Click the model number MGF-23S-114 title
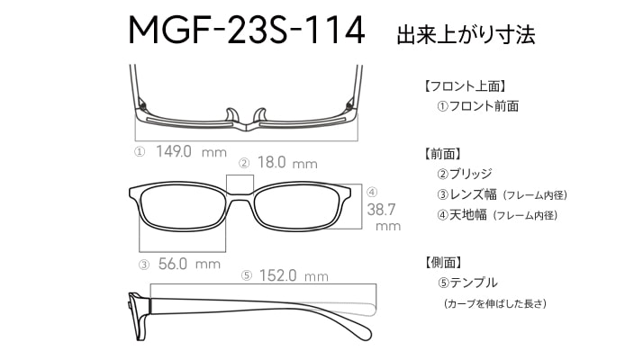tap(247, 30)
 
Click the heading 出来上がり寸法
tap(466, 34)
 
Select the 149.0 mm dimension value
tap(191, 152)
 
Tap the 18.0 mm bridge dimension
tap(287, 163)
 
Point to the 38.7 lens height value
tap(381, 210)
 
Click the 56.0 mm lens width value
tap(189, 264)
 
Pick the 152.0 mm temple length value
tap(294, 275)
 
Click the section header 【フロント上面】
tap(465, 86)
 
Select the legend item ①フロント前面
tap(478, 106)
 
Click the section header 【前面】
tap(443, 154)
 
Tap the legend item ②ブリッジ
tap(465, 174)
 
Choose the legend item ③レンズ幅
tap(467, 194)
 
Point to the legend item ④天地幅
tap(462, 214)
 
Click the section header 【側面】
tap(443, 263)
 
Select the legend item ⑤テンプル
tap(467, 283)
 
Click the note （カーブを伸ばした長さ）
tap(495, 304)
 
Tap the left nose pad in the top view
tap(231, 115)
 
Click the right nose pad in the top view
tap(260, 115)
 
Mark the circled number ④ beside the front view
tap(372, 192)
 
